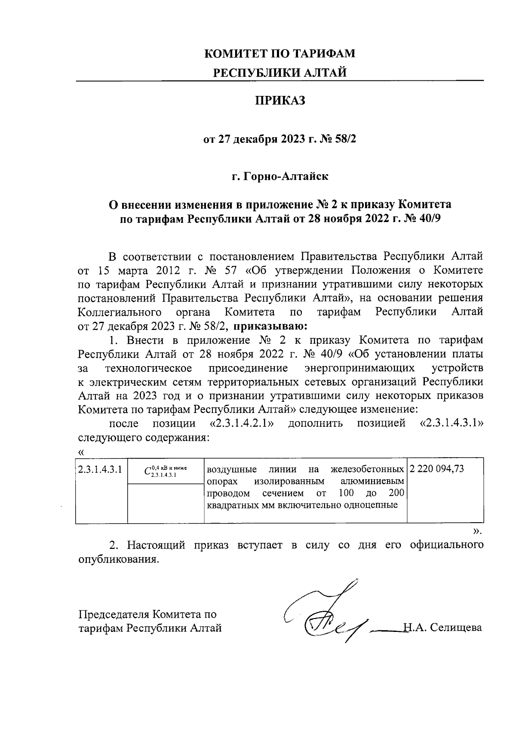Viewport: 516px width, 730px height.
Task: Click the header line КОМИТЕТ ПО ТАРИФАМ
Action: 280,54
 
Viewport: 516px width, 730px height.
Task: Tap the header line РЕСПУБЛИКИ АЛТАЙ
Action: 280,73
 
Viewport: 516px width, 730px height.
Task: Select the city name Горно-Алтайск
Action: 286,176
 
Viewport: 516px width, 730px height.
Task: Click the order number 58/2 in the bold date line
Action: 345,140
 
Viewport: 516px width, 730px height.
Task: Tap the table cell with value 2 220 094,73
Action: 437,469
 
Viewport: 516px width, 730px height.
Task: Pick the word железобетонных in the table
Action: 368,469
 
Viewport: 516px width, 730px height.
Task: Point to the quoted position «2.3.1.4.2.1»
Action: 242,424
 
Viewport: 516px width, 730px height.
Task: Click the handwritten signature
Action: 327,615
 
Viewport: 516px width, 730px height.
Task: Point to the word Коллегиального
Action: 120,312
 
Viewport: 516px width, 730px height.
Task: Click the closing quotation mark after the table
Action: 475,531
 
